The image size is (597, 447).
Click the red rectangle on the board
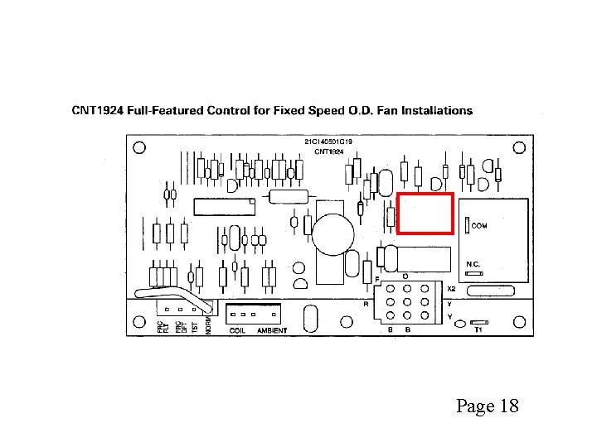pos(425,214)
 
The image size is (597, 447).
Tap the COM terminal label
pos(480,225)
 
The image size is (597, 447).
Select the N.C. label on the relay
pos(473,264)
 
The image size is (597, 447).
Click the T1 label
pos(478,329)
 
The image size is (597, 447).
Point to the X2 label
pos(451,290)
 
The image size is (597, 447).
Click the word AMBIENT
pos(272,330)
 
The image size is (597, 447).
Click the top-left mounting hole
pos(139,147)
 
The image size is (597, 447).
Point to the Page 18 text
pos(487,406)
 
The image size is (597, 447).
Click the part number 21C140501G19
pos(328,142)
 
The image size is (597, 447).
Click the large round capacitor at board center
pos(333,229)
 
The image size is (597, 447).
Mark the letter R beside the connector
pos(366,304)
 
